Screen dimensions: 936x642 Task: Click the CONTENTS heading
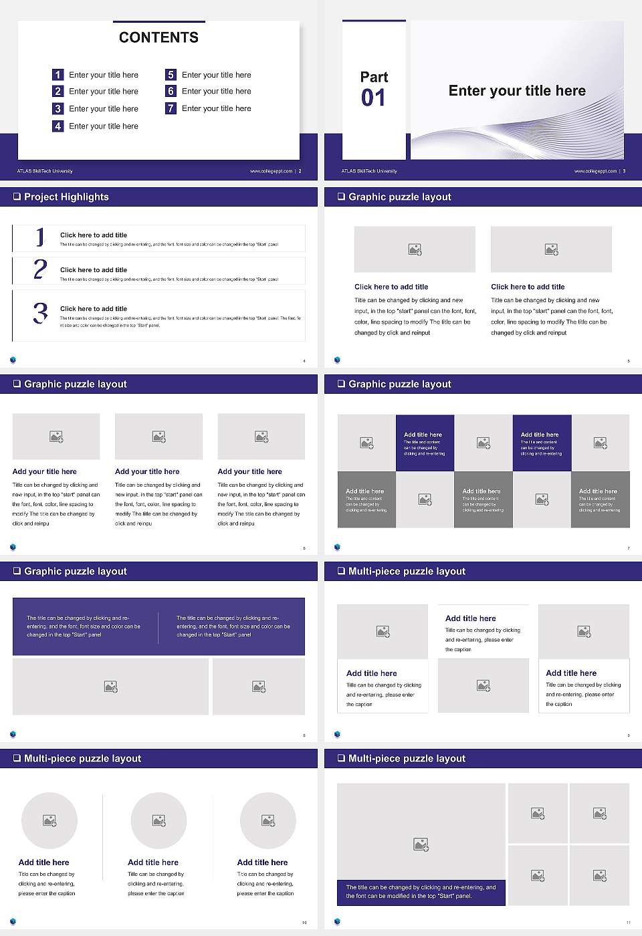point(158,37)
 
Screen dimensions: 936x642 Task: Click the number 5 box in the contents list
point(171,75)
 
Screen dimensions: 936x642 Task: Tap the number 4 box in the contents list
point(58,126)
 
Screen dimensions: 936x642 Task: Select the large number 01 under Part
point(373,98)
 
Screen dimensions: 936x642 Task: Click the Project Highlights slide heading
point(66,197)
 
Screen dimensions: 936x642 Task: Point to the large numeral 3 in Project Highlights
point(40,313)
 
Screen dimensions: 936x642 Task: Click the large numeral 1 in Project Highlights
point(40,237)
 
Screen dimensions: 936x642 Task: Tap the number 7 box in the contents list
point(171,108)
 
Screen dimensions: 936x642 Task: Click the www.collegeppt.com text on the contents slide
point(271,171)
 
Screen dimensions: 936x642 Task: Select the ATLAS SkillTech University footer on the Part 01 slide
point(369,171)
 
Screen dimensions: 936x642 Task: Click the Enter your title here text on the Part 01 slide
point(517,91)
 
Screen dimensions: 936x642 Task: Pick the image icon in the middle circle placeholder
point(158,820)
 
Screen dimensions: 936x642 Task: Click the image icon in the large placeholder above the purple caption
point(421,845)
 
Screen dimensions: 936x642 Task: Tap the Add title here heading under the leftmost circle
point(43,862)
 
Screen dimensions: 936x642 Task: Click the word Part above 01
point(374,77)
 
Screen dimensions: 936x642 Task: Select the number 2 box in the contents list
point(58,91)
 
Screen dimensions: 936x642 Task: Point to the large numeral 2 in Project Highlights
point(40,269)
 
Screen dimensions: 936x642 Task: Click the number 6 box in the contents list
point(171,91)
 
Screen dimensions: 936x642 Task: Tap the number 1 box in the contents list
point(58,75)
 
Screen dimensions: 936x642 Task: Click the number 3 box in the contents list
point(58,108)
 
